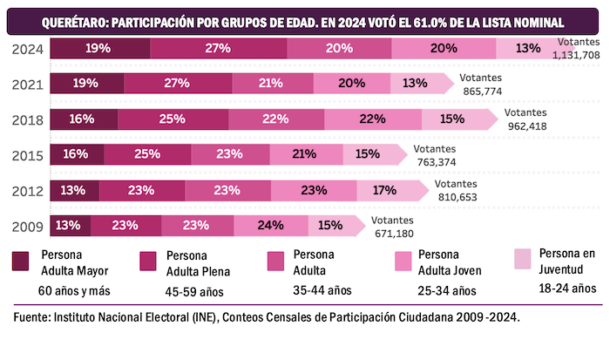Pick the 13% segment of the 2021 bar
416,84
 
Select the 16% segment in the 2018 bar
78,119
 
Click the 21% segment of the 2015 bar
306,154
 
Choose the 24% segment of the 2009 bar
270,225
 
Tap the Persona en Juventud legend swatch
523,259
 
